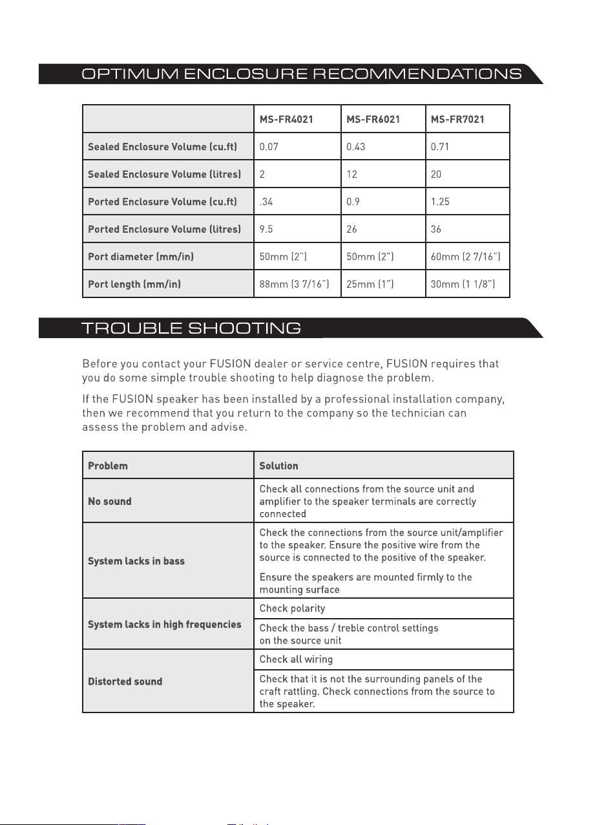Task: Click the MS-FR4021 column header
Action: point(286,119)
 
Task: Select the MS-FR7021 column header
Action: point(457,119)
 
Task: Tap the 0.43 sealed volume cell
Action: point(356,147)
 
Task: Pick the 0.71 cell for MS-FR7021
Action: point(440,147)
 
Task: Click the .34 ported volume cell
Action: point(266,202)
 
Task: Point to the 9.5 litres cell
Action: point(267,230)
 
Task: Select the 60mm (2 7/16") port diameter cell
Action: point(465,257)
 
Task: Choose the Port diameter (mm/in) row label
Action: point(141,257)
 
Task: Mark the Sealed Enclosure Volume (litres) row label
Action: point(165,174)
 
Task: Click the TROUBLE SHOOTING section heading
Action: point(191,328)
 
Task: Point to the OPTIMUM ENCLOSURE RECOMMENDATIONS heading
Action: point(301,74)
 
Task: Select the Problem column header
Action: point(108,466)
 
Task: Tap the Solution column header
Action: point(278,466)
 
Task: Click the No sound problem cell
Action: point(110,501)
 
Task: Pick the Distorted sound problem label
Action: point(125,681)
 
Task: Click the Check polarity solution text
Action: point(292,608)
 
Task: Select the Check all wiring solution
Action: point(296,659)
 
